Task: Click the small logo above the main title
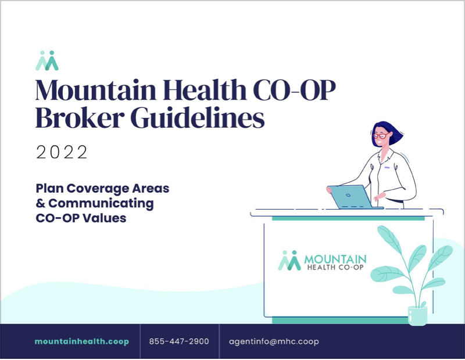47,60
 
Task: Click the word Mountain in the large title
96,90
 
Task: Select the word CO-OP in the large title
295,90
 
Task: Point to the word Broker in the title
80,117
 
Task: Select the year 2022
62,152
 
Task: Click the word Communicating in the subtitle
101,204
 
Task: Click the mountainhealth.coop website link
82,341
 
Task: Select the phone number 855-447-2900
179,341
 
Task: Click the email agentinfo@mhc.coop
274,341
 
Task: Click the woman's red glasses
382,136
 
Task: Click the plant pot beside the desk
417,316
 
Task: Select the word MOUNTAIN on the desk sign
335,260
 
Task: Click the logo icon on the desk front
289,261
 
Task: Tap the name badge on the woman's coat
387,168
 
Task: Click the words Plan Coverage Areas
102,189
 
